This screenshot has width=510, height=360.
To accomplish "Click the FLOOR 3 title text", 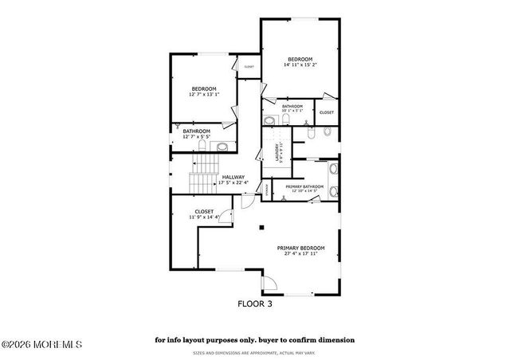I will [255, 303].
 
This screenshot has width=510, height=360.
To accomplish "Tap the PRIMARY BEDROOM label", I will [301, 248].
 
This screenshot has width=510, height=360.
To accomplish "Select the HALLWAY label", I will [233, 177].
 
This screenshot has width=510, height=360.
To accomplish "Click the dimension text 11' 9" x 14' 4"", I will [205, 217].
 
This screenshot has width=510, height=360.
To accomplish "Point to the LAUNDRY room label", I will [277, 148].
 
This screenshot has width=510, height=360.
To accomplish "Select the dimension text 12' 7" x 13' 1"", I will [204, 94].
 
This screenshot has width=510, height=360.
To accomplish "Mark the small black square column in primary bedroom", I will [261, 227].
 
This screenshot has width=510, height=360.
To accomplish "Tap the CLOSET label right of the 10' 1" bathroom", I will [327, 112].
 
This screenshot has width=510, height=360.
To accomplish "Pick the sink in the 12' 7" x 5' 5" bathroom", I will [223, 145].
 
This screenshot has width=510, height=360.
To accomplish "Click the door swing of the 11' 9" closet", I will [225, 213].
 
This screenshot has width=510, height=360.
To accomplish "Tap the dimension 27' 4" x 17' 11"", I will [301, 254].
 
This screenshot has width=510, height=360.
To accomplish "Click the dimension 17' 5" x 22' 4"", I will [233, 182].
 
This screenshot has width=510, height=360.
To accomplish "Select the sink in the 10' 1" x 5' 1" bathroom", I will [269, 120].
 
